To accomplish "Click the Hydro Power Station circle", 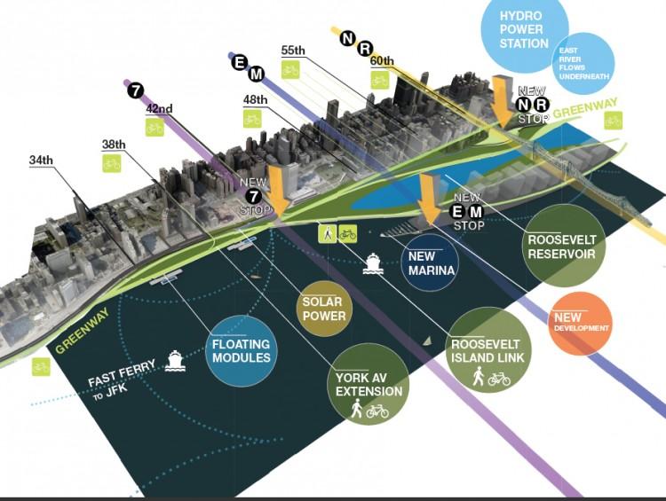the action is (524, 31).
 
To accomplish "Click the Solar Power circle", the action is (323, 309).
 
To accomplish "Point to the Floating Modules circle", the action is (241, 350).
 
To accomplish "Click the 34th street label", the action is (41, 160).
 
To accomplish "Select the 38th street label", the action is (114, 145).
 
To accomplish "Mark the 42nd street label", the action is (159, 109).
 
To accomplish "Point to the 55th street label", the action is (293, 51).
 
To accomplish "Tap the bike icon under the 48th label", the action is (253, 119).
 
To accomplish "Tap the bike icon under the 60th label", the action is (380, 80).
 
